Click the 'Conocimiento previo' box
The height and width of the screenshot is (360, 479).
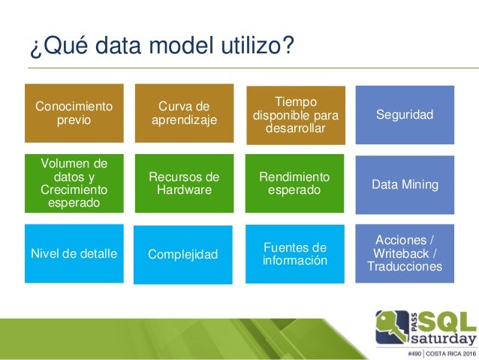[x=74, y=113]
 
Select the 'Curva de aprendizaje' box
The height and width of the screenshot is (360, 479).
[x=184, y=113]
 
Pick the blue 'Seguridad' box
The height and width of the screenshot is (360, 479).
[x=405, y=114]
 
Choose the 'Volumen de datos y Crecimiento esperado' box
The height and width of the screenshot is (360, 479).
[x=74, y=183]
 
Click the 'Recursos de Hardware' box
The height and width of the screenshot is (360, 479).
[x=184, y=183]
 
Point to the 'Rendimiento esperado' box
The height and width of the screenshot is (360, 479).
[x=295, y=183]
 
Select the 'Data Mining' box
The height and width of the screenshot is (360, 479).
[x=405, y=183]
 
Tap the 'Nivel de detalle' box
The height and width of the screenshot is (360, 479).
[x=74, y=253]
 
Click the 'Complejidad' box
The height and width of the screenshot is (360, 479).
[x=184, y=255]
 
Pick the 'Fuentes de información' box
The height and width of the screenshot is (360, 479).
[x=295, y=253]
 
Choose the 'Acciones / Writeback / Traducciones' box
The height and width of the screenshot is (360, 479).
[x=405, y=253]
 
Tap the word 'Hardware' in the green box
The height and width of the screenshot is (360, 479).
[x=184, y=189]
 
